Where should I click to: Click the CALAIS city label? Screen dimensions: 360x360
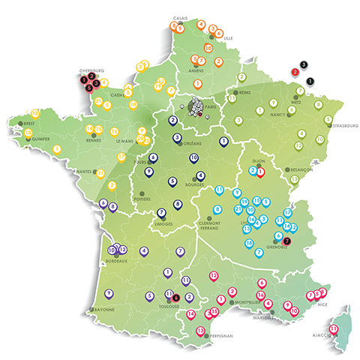coord(180,16)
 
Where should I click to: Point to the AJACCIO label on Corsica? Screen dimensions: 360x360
coord(319,337)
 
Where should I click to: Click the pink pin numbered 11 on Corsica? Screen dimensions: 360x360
coord(334,327)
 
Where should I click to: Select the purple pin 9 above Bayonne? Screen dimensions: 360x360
coord(109,292)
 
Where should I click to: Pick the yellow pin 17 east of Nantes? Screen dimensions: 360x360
coord(121,156)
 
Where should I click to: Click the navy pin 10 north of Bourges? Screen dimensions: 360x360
coord(193,157)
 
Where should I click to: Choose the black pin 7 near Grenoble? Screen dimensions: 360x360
coord(287,241)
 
